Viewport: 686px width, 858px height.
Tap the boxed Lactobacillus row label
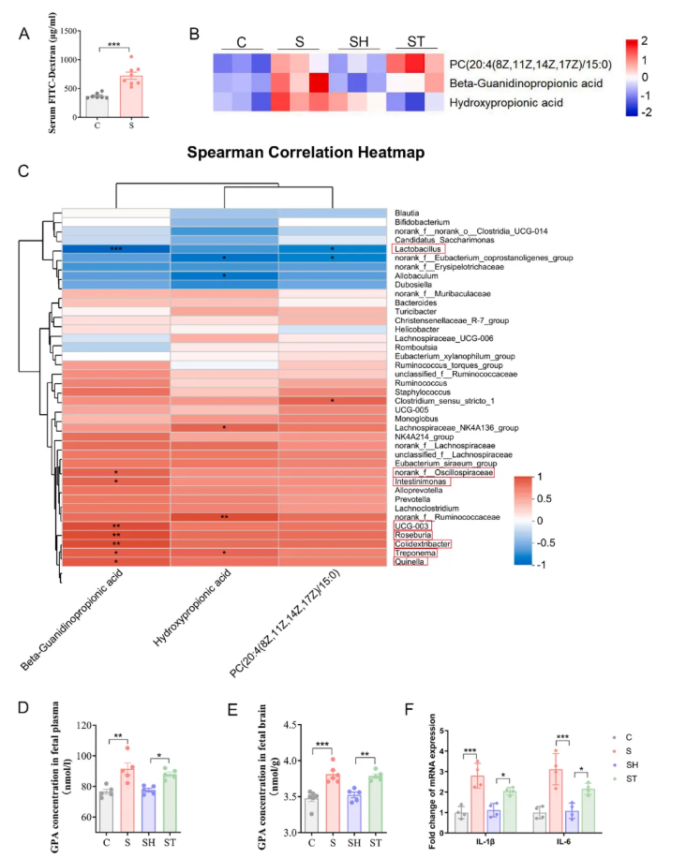click(x=419, y=249)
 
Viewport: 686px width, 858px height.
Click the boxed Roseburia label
click(x=414, y=535)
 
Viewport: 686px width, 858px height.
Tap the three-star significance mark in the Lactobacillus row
click(x=116, y=250)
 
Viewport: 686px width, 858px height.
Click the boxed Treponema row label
click(x=416, y=553)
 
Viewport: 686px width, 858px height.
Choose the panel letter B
click(x=194, y=34)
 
